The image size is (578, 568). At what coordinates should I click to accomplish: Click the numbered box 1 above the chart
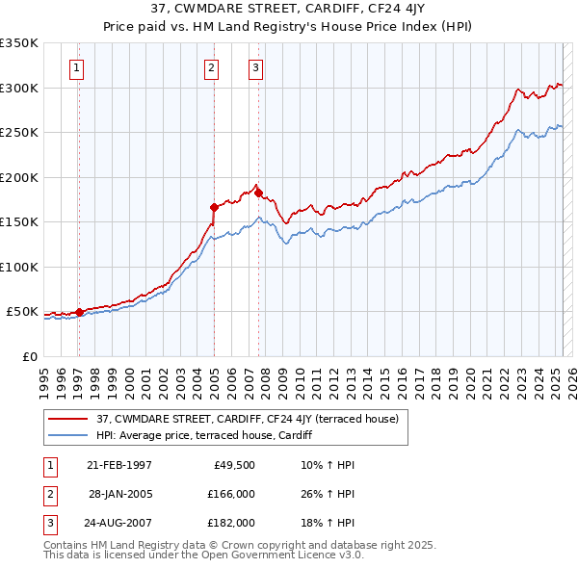(x=76, y=67)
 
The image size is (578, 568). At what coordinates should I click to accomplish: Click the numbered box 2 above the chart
(x=211, y=67)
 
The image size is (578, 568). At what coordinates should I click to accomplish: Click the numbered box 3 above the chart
(x=255, y=67)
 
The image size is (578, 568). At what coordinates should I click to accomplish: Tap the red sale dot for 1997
(x=79, y=312)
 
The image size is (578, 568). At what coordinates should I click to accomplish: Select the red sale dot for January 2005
(x=214, y=207)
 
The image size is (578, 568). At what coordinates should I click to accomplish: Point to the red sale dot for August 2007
(x=258, y=194)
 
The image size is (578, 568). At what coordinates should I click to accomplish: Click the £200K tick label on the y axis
(x=18, y=177)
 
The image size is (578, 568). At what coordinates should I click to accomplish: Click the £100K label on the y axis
(x=18, y=267)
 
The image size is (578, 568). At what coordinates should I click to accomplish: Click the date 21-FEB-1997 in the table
(x=118, y=465)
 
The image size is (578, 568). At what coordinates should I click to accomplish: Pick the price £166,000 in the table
(x=231, y=494)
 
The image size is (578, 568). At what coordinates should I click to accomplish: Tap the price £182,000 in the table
(x=231, y=523)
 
